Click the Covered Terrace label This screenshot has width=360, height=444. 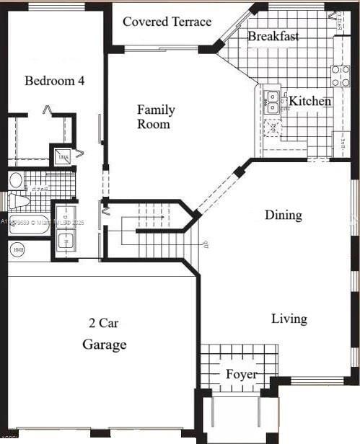[167, 22]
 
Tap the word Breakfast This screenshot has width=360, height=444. [273, 36]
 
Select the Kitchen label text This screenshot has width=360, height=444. [310, 101]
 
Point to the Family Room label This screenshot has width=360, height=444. [156, 117]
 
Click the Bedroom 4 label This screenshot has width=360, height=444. [54, 80]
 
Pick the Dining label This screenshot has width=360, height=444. [283, 215]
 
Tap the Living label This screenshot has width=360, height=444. [289, 318]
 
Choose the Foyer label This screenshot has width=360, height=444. [241, 374]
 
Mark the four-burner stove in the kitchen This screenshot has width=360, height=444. [340, 76]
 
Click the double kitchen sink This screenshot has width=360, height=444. [272, 102]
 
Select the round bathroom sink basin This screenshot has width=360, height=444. [16, 180]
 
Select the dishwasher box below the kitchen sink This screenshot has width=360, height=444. [273, 128]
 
